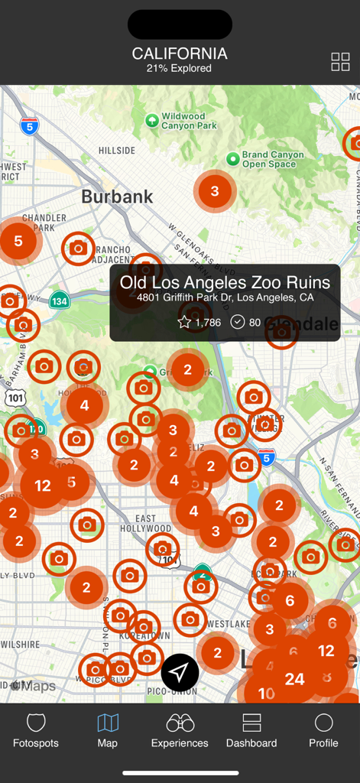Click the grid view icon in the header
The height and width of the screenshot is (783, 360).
[340, 62]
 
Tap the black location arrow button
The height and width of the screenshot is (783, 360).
[180, 672]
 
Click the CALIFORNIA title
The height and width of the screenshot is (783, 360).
[180, 54]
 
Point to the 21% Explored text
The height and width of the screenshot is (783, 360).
[180, 69]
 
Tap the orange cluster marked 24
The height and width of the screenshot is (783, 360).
[294, 679]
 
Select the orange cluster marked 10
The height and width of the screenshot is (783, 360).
[265, 694]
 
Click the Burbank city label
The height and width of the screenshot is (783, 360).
[117, 197]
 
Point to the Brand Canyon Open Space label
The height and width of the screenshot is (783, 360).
[272, 159]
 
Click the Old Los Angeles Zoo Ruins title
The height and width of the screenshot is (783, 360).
[225, 282]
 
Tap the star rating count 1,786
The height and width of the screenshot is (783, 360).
[199, 323]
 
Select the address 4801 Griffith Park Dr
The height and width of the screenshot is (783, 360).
[225, 297]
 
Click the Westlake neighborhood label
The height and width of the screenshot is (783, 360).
[227, 624]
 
